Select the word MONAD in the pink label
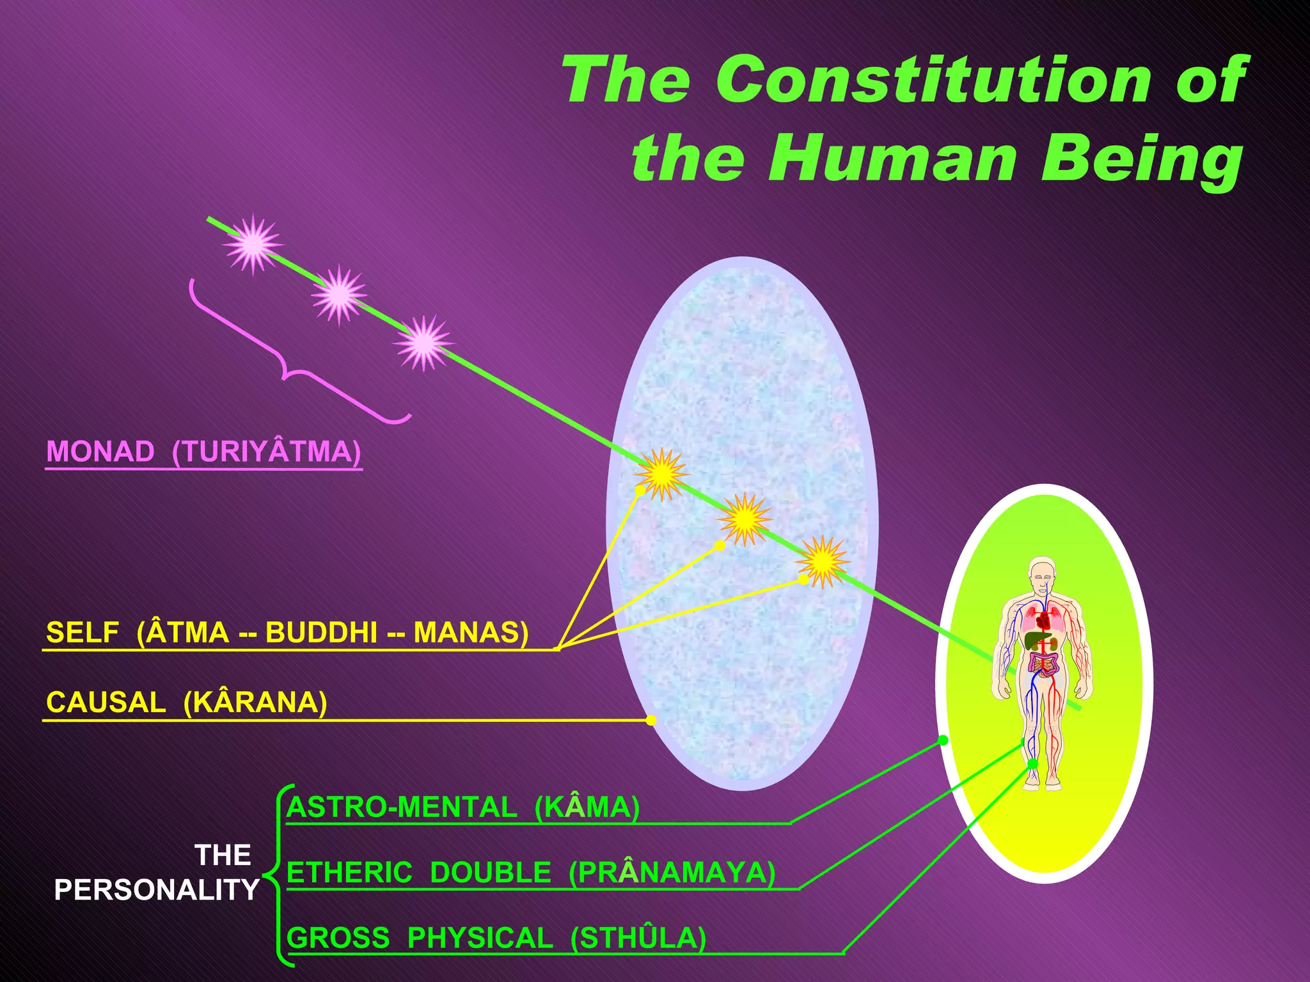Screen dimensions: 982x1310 coord(100,452)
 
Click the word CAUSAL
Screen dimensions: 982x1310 coord(106,703)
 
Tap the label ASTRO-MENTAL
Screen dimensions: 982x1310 coord(402,807)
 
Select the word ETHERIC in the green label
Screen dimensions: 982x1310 coord(349,873)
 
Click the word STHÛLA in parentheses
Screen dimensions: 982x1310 coord(638,939)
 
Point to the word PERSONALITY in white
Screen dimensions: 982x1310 coord(156,890)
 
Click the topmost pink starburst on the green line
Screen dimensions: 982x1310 coord(253,244)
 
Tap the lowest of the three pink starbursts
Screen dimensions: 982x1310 coord(423,343)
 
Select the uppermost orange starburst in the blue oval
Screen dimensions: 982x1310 coord(661,474)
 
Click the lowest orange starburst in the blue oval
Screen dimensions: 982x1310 coord(823,561)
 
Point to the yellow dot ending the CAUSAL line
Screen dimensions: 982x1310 coord(651,721)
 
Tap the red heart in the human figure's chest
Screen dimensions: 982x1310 coord(1044,620)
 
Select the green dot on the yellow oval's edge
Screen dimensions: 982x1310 coord(943,740)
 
